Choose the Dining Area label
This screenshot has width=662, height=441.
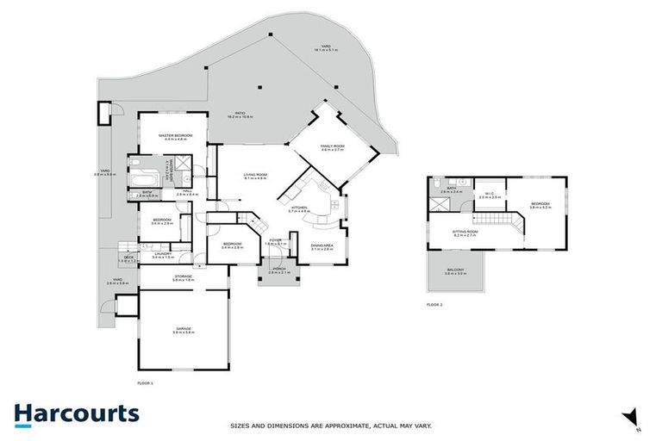(322, 246)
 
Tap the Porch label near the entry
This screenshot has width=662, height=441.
(279, 270)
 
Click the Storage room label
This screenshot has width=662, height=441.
(183, 277)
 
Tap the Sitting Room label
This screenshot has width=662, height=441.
(465, 232)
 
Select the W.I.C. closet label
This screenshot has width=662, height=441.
(490, 195)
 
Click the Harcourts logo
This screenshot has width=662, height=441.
(76, 413)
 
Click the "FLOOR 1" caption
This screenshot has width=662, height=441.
(145, 382)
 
